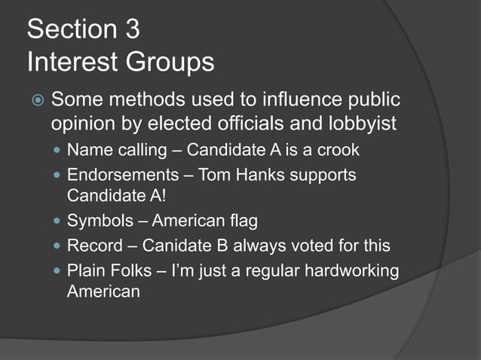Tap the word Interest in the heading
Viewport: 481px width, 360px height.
pyautogui.click(x=70, y=62)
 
